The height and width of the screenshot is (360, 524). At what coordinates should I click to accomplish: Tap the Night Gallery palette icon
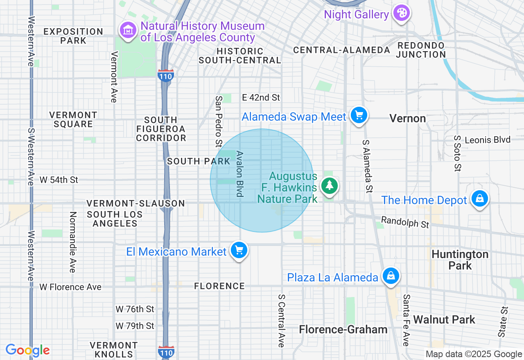[401, 13]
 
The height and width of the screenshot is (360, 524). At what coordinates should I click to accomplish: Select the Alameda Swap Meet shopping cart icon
[359, 116]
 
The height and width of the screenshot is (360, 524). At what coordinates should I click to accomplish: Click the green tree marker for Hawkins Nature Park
[329, 186]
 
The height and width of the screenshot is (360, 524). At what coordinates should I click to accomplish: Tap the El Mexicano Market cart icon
[239, 250]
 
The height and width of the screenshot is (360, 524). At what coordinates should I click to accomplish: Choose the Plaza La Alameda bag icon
[391, 276]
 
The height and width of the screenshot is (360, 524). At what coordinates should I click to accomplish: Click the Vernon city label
[407, 119]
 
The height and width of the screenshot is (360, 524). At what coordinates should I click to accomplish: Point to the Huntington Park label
[460, 260]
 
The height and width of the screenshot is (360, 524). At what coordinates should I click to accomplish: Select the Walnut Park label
[444, 319]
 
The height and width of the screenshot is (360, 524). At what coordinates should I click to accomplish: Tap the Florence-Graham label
[343, 329]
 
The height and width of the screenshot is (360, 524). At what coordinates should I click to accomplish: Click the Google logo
[27, 350]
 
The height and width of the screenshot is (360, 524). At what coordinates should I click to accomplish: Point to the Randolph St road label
[405, 222]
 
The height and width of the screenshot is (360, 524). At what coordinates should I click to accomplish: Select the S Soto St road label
[457, 153]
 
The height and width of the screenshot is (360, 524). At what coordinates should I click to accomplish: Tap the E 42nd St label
[261, 97]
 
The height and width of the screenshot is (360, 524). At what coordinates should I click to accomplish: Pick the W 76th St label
[135, 309]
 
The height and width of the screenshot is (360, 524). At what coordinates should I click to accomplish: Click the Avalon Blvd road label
[240, 174]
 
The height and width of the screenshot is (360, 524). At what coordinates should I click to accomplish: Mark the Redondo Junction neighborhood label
[421, 49]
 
